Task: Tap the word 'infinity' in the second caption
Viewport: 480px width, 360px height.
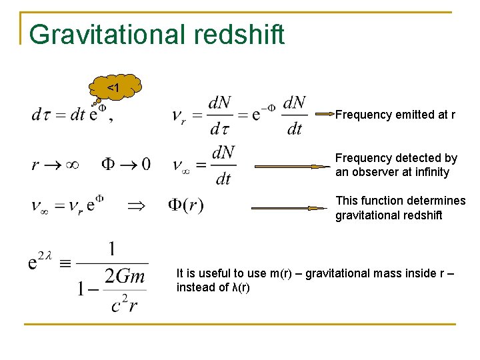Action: (x=430, y=172)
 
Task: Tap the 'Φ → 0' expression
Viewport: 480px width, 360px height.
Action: (x=126, y=164)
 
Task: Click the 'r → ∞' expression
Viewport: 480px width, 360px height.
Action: (x=55, y=164)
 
